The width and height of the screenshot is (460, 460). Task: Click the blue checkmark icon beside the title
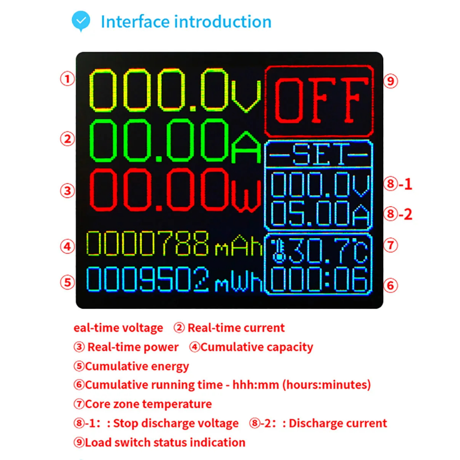pos(81,21)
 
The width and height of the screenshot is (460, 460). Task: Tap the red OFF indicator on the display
pos(319,101)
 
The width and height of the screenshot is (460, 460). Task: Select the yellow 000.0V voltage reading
pos(175,90)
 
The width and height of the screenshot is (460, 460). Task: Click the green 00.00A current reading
pos(175,140)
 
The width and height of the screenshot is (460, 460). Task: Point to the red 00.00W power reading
pos(175,190)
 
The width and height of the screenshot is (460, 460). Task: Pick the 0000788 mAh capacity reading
pos(174,244)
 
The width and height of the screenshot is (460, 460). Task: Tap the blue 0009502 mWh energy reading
pos(174,279)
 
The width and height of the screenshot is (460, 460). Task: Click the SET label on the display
pos(319,155)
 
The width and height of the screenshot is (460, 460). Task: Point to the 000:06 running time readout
pos(320,280)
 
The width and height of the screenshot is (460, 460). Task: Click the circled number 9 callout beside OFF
pos(391,81)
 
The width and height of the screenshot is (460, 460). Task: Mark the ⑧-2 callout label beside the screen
pos(398,214)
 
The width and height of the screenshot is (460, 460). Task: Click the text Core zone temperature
pos(148,404)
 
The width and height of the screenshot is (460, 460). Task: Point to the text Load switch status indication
pos(165,442)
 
